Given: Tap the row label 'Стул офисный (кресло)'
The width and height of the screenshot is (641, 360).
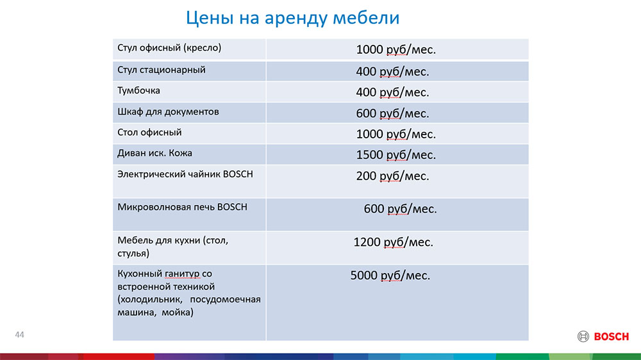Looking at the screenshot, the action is click(169, 48).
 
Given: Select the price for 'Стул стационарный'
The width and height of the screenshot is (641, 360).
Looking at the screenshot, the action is click(392, 72).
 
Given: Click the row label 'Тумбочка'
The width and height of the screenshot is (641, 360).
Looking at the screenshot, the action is click(138, 91).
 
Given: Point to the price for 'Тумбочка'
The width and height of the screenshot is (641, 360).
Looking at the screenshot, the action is click(392, 92).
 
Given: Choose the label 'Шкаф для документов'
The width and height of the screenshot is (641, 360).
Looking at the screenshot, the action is click(168, 112).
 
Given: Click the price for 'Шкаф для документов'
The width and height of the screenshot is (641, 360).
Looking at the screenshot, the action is click(392, 113).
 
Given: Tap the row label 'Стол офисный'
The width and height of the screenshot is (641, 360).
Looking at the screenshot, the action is click(149, 133).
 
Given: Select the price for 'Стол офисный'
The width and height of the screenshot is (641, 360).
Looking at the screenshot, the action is click(395, 134).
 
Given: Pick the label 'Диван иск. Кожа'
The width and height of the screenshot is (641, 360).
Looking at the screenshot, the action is click(154, 153).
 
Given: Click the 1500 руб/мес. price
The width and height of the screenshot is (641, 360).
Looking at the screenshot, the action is click(395, 155).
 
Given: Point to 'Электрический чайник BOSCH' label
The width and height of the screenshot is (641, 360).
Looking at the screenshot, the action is click(185, 174).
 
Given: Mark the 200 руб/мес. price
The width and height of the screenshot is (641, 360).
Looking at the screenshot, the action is click(392, 176).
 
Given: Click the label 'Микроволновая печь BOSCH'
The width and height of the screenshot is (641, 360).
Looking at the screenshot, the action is click(182, 207).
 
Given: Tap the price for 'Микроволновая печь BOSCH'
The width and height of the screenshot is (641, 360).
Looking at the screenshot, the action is click(400, 209).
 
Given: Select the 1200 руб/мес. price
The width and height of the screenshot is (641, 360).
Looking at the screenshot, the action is click(394, 242).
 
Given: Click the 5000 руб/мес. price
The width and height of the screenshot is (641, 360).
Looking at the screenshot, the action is click(390, 275).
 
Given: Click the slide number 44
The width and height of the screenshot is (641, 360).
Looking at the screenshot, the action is click(20, 334).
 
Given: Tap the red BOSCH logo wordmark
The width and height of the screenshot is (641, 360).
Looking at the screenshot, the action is click(611, 337).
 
